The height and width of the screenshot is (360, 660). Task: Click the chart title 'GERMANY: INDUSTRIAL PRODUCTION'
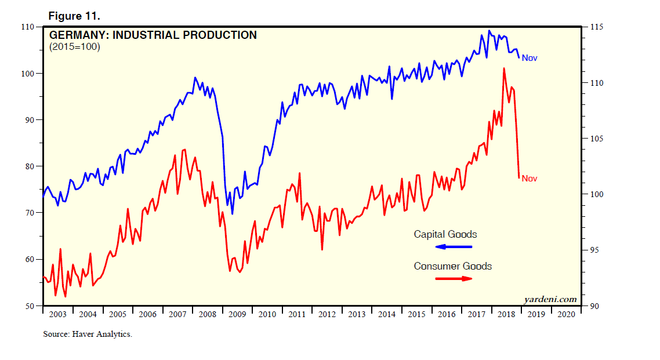[153, 35]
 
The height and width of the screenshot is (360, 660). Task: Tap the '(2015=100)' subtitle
[75, 48]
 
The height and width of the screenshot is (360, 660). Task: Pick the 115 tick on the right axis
[596, 27]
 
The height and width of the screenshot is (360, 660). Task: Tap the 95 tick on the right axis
[594, 250]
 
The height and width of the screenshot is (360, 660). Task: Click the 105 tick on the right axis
[596, 139]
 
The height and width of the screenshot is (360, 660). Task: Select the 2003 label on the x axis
[57, 314]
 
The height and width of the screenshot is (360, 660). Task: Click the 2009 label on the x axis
[237, 314]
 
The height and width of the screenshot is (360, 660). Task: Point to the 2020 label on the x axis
[565, 314]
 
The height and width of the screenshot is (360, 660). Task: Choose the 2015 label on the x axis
[416, 314]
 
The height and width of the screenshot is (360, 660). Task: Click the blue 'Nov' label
[530, 58]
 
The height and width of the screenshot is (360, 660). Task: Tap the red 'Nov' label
[530, 179]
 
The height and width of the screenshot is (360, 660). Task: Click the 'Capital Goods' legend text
[445, 235]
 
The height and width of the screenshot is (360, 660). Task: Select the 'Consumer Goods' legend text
[452, 266]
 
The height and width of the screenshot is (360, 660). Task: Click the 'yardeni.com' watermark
[550, 299]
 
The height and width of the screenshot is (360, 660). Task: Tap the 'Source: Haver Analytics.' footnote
[87, 334]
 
